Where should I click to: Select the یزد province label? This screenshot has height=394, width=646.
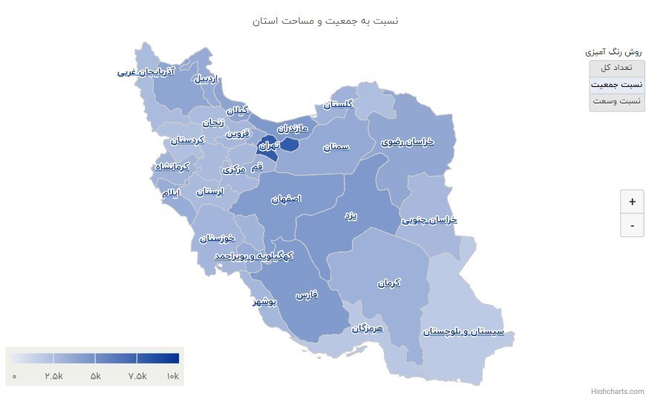[350, 216]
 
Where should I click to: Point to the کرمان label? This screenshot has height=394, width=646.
[388, 283]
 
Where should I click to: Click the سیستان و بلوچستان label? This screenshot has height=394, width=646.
[463, 332]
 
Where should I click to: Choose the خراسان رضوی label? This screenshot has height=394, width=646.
[408, 141]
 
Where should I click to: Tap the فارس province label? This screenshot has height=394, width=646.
[307, 295]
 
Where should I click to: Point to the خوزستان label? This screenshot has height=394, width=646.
[217, 239]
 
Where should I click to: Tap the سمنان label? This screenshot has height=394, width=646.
[336, 147]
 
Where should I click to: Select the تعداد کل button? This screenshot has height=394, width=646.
[617, 68]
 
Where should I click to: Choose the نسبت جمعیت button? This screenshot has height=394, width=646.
[617, 85]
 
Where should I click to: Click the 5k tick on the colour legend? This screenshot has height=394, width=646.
[95, 376]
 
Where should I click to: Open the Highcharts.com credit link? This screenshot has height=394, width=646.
[618, 390]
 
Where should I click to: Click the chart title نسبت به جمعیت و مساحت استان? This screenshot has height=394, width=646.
[324, 21]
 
